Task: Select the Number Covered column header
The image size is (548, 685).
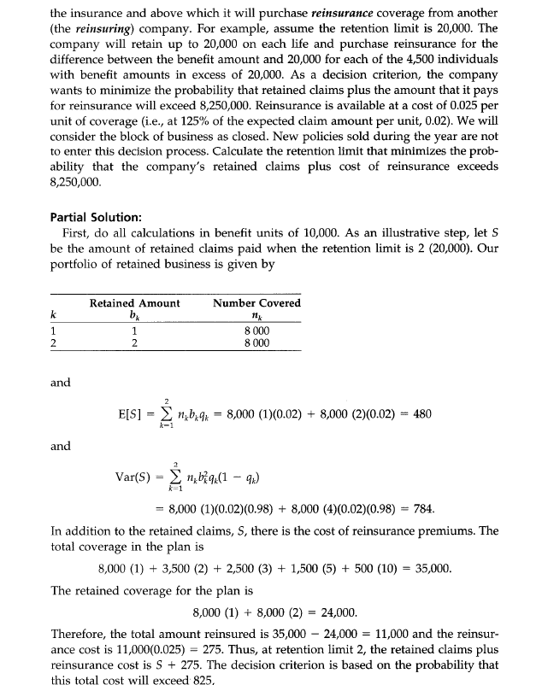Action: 256,303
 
